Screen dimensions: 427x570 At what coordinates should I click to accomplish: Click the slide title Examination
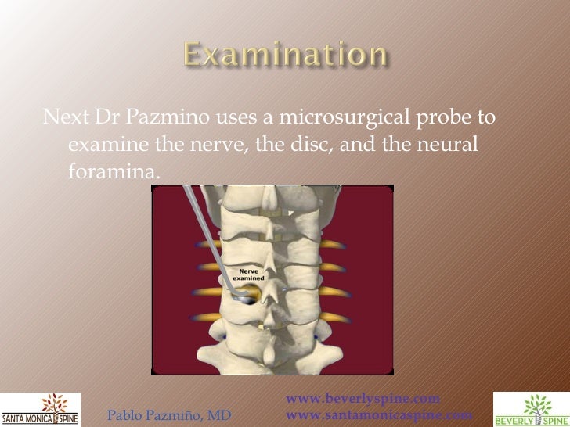point(285,56)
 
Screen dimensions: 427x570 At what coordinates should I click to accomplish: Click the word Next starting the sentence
point(66,120)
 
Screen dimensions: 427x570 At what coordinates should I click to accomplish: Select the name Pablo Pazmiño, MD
point(168,415)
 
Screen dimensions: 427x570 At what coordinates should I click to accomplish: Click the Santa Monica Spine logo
point(39,409)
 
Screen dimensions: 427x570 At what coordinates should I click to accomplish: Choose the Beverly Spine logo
point(531,409)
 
